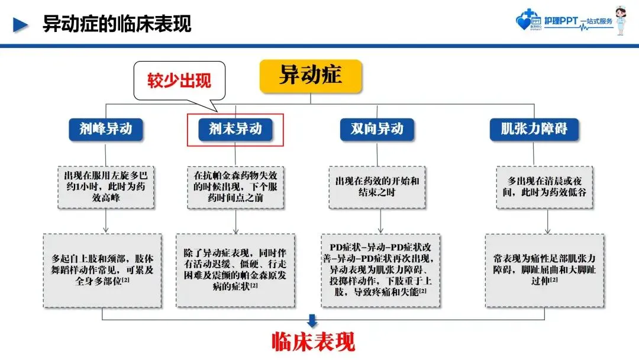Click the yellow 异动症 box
tap(310, 76)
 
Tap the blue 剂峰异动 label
tap(106, 128)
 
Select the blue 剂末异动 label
tap(235, 128)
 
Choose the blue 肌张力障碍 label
tap(534, 128)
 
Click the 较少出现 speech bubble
tap(179, 81)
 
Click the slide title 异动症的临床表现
tap(117, 25)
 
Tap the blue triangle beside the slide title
tap(21, 25)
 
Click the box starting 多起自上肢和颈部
tap(102, 271)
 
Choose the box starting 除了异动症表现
tap(235, 271)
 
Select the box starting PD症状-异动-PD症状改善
tap(380, 271)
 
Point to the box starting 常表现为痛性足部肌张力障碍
tap(544, 271)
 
